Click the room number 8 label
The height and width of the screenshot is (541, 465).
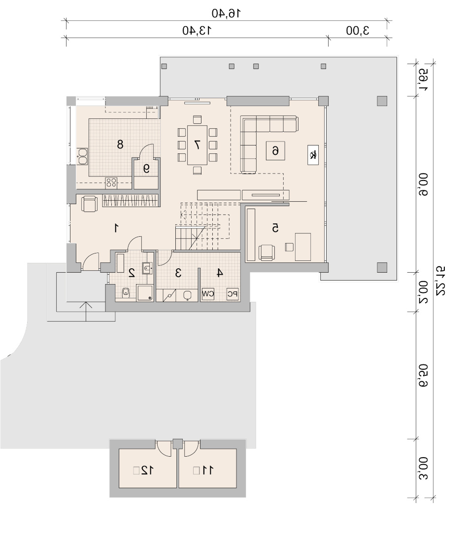120,144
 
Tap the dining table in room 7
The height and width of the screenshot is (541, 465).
197,145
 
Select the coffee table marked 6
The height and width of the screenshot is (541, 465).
275,151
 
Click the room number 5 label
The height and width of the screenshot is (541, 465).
275,228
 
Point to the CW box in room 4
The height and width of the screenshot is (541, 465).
208,294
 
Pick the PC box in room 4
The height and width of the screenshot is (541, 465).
232,294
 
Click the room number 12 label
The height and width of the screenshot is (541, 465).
147,470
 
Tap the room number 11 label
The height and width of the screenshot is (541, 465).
207,470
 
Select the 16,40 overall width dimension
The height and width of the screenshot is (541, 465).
226,13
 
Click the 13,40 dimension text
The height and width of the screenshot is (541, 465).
197,31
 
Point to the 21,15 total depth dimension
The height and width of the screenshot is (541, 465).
440,281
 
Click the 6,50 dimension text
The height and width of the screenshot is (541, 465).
423,375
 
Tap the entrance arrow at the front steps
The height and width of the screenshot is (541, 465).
86,312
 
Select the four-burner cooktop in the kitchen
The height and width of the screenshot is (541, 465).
111,183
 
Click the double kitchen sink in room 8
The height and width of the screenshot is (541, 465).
83,156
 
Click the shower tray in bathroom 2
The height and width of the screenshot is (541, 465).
145,292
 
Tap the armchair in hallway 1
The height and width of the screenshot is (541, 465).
89,204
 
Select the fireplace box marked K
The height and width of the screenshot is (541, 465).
313,155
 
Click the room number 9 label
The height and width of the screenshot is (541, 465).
146,168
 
